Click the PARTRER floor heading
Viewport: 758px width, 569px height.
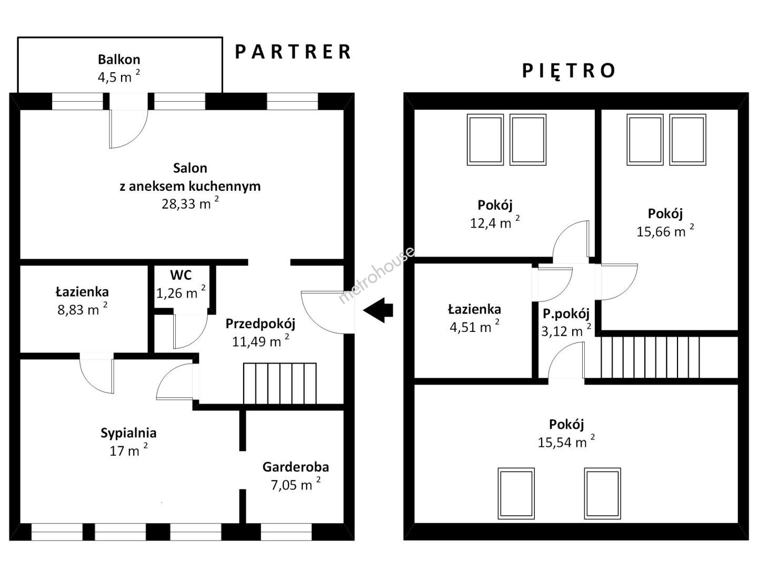(293, 52)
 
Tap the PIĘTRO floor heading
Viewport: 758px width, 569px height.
(568, 71)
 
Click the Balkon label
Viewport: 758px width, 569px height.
(119, 60)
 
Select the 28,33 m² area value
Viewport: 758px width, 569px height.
(190, 203)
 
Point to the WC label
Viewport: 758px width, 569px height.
(181, 275)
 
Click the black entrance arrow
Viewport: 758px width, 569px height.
(378, 310)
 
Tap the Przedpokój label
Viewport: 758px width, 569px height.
(261, 323)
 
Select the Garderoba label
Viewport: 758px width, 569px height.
(296, 467)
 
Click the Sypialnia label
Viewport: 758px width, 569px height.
(128, 433)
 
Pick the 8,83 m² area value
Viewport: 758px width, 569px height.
(83, 310)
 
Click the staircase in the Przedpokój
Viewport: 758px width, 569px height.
(280, 383)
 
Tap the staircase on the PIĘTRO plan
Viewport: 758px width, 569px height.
(651, 357)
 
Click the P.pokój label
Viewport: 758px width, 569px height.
(566, 313)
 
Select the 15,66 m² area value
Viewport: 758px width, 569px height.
(665, 231)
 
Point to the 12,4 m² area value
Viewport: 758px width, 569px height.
(495, 223)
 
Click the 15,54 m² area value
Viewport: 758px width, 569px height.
(566, 442)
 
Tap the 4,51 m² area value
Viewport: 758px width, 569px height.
(474, 327)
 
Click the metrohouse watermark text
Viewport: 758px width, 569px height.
(376, 276)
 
